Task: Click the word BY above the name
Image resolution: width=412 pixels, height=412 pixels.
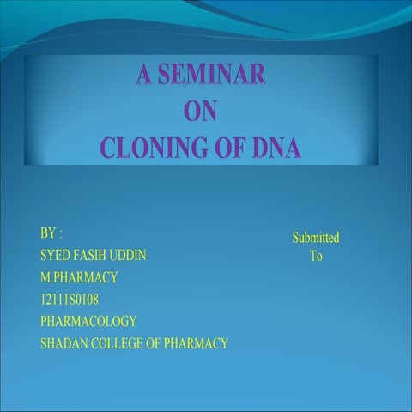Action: [x=48, y=233]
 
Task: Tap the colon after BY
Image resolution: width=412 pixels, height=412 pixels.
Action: [x=60, y=234]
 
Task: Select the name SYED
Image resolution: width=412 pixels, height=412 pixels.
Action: [x=56, y=256]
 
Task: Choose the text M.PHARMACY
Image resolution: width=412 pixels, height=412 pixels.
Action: [x=79, y=277]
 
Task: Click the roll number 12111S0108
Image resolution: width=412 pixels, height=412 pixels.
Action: [x=70, y=300]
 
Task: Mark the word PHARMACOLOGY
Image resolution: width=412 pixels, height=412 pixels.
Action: [x=88, y=322]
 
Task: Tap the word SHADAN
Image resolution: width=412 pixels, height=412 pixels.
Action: [x=63, y=344]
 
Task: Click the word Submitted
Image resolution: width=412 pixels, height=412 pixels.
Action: [x=315, y=238]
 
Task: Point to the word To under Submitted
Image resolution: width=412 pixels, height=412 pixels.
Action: [x=316, y=256]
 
